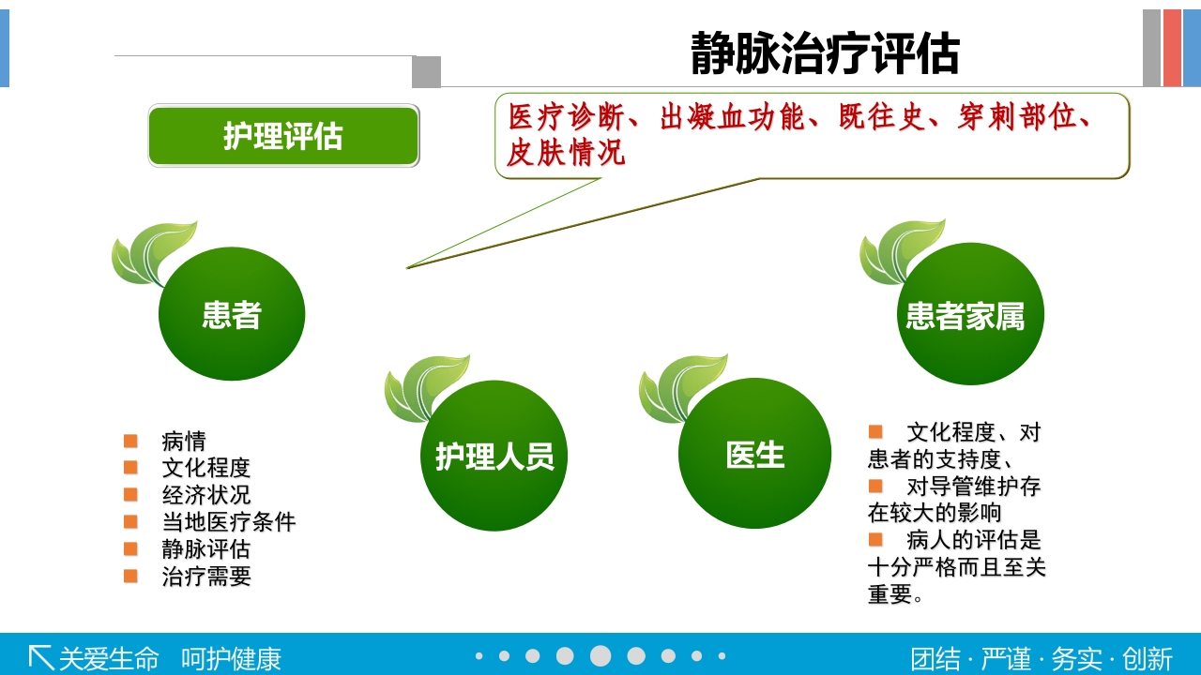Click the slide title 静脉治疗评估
(x=825, y=52)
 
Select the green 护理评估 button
(x=283, y=136)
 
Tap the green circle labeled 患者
(x=232, y=314)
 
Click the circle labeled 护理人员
(x=494, y=457)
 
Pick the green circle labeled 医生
(x=754, y=455)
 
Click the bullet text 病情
(x=184, y=441)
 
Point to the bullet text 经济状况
(x=206, y=494)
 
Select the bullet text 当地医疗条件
(x=229, y=521)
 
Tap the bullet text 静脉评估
(x=206, y=548)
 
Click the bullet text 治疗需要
(x=206, y=576)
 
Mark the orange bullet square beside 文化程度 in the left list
(x=130, y=467)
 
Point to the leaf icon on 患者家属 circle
(x=900, y=250)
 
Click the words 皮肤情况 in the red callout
(x=566, y=152)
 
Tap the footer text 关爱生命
(x=109, y=658)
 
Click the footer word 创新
(x=1148, y=658)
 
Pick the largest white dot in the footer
(x=600, y=656)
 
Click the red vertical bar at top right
(x=1172, y=48)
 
